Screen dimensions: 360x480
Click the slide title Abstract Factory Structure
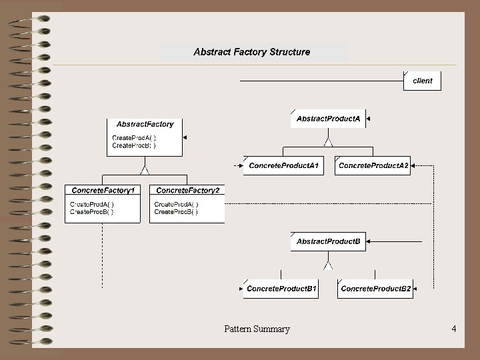click(x=251, y=51)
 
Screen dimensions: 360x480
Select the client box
click(x=423, y=81)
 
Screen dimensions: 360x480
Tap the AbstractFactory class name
click(x=145, y=124)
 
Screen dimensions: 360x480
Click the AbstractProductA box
click(x=328, y=119)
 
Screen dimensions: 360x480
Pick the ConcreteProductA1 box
click(x=283, y=165)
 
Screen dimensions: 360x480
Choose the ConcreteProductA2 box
click(x=373, y=165)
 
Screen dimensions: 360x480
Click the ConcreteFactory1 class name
click(x=103, y=191)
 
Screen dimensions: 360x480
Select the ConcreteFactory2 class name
click(x=187, y=191)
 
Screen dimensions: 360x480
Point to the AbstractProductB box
click(x=328, y=241)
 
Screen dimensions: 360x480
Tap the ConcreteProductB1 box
click(x=281, y=289)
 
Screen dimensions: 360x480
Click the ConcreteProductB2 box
click(x=375, y=289)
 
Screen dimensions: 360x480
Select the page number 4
click(x=453, y=329)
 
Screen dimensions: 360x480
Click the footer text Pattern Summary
click(x=257, y=329)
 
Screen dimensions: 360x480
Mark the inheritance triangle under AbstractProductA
click(x=327, y=141)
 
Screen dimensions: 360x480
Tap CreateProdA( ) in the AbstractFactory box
click(x=134, y=137)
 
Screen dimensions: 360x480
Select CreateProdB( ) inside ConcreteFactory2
click(x=176, y=212)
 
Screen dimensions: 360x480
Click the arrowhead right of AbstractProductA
click(x=368, y=119)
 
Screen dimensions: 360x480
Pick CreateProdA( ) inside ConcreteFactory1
click(x=92, y=204)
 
